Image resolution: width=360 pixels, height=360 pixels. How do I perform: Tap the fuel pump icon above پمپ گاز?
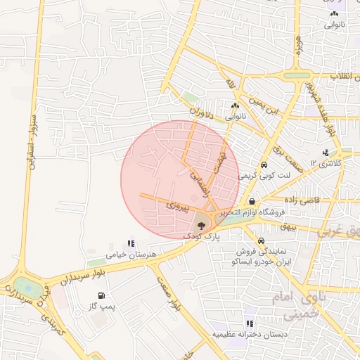pos(103,295)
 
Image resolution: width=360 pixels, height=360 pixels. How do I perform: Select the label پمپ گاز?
pos(102,307)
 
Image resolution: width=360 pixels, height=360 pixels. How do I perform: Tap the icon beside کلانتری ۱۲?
pos(325,153)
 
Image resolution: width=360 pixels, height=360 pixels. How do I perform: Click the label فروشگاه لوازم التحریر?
pos(254,212)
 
